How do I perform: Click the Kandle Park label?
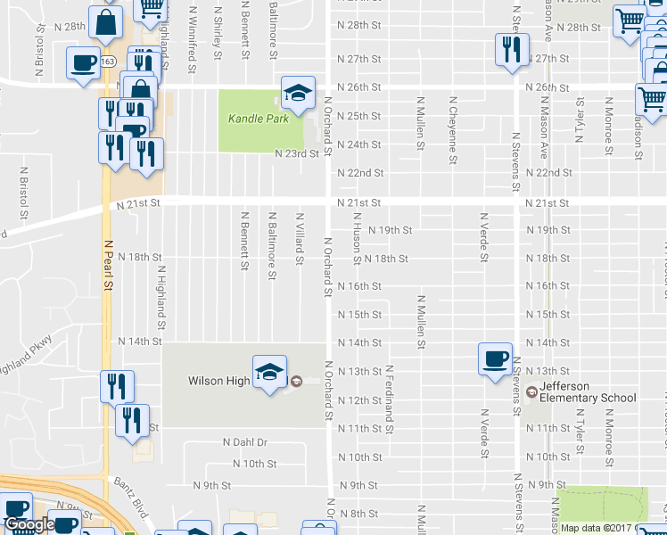[x=258, y=119]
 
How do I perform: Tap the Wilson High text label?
[x=218, y=381]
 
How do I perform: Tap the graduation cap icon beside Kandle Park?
[x=299, y=91]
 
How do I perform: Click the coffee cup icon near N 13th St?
[x=495, y=358]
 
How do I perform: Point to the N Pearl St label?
[x=109, y=263]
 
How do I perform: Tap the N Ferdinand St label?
[x=390, y=393]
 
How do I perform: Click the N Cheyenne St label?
[x=453, y=122]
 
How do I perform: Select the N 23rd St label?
[x=296, y=153]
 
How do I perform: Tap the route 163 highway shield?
[x=108, y=61]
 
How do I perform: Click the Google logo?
[x=29, y=524]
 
